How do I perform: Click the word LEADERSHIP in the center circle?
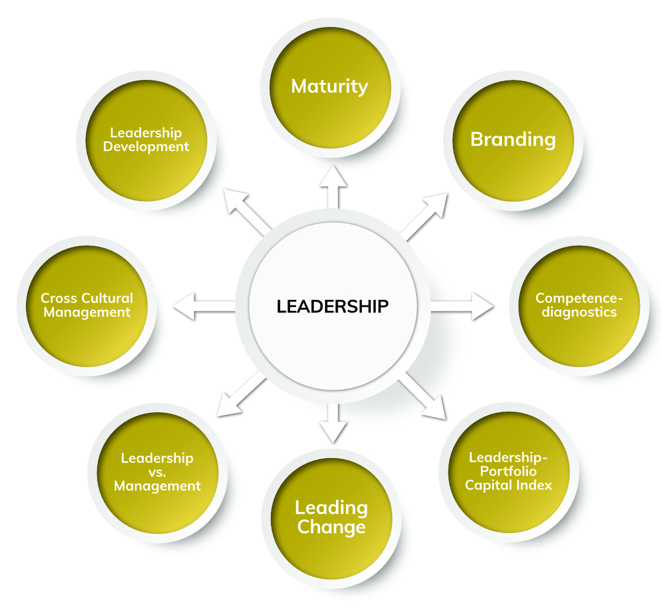tap(333, 306)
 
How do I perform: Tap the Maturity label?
tap(330, 87)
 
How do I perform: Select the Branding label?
tap(513, 140)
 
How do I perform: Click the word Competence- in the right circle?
tap(579, 298)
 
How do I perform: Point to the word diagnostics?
tap(579, 312)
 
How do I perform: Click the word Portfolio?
tap(508, 471)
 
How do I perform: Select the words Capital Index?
tap(508, 485)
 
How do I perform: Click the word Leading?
tap(332, 509)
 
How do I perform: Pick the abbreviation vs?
tap(157, 472)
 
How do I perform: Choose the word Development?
tap(146, 147)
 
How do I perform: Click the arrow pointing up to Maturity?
tap(333, 187)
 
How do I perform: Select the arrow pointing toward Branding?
tap(423, 217)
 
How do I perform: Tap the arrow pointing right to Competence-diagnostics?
tap(462, 306)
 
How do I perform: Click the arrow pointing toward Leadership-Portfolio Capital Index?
tap(422, 395)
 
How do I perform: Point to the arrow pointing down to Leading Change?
tap(333, 423)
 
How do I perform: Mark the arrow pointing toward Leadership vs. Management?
tap(242, 394)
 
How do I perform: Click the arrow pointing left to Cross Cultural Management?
tap(204, 306)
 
